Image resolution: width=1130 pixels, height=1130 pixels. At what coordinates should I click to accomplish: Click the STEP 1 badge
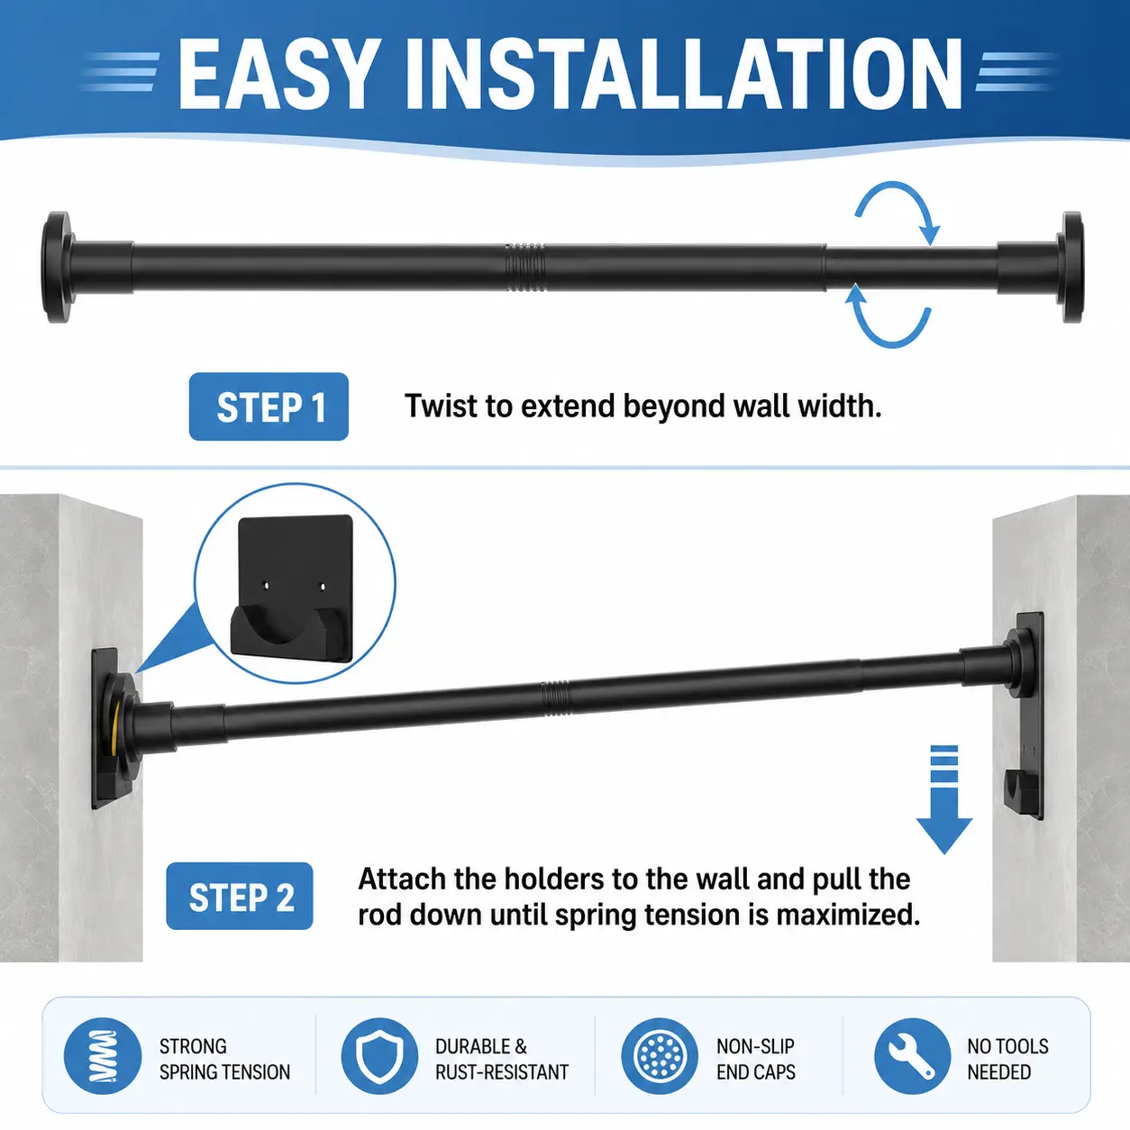point(269,406)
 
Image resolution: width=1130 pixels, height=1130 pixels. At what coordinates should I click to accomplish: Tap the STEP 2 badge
point(240,896)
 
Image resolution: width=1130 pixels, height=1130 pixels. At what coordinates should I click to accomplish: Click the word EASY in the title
point(277,74)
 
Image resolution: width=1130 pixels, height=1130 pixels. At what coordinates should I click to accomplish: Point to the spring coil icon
point(103,1056)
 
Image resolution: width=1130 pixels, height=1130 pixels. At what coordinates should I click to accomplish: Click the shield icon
point(379,1056)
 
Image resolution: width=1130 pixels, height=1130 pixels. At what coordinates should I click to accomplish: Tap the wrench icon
point(912,1056)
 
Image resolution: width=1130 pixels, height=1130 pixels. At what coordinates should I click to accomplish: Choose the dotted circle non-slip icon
point(660,1056)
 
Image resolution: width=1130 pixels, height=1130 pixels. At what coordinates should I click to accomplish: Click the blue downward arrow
point(944,799)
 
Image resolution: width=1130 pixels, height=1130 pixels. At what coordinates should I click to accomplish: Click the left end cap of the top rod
point(58,267)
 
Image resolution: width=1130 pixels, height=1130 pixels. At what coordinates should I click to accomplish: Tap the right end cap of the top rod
point(1071,267)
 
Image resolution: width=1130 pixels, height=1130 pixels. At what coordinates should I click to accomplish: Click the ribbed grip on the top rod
point(524,267)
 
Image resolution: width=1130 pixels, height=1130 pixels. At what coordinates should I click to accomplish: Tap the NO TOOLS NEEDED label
point(1007,1059)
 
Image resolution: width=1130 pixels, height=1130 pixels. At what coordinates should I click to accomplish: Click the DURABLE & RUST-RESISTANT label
point(501,1059)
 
